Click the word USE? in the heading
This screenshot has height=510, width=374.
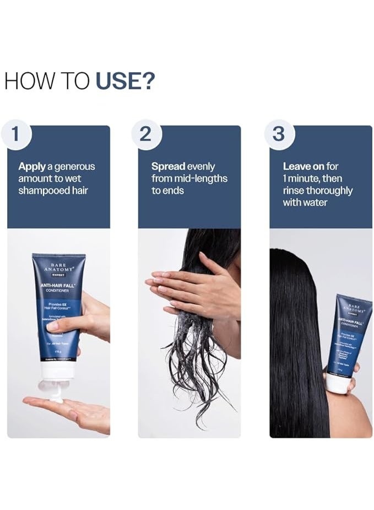126,80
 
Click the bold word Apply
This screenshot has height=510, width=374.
31,167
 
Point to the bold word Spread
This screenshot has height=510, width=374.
169,166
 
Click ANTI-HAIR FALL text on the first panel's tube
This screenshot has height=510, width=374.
58,285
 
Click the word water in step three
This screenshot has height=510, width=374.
315,202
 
